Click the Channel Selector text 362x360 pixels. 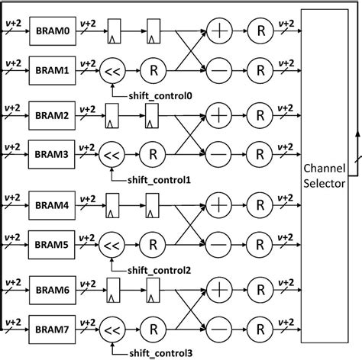(325, 175)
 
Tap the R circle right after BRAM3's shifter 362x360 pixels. (153, 155)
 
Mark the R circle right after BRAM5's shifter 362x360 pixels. (153, 245)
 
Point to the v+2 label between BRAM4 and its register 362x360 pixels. (86, 195)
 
